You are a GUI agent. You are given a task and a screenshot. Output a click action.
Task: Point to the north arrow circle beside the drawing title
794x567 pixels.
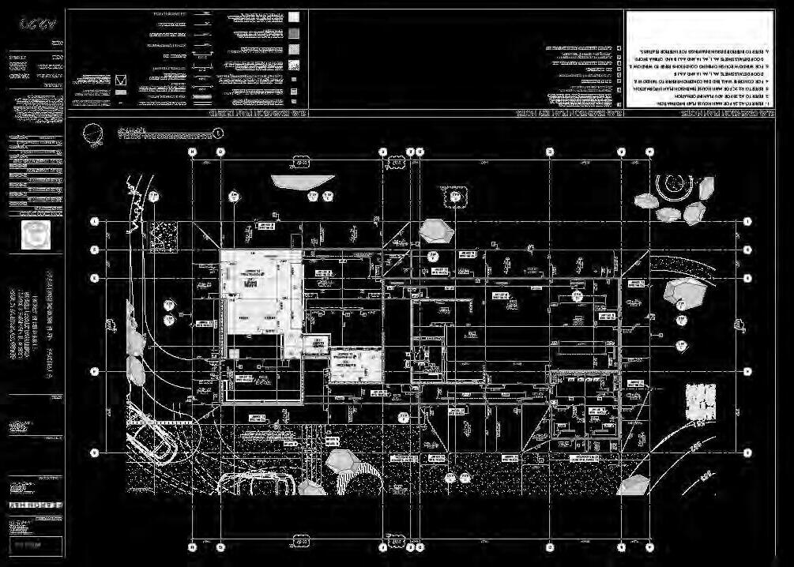(x=93, y=135)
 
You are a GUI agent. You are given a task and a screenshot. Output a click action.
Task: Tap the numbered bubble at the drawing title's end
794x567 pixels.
(x=219, y=134)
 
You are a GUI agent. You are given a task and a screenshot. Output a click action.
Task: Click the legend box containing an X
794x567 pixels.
(x=121, y=81)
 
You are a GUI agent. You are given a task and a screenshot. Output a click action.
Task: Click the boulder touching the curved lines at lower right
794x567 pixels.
(x=634, y=483)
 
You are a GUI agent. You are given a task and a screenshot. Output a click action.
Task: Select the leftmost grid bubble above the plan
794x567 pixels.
(x=192, y=151)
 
